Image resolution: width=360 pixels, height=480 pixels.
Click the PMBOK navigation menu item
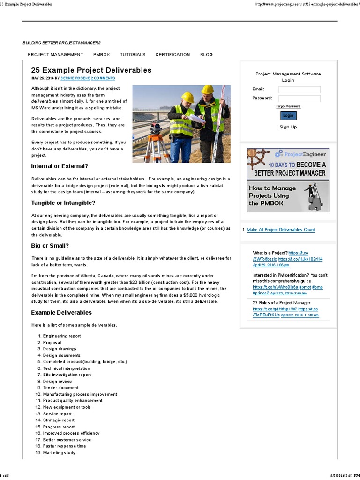(101, 55)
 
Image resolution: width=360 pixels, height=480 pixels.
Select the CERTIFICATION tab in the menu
(172, 55)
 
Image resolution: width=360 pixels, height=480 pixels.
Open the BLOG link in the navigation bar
(206, 55)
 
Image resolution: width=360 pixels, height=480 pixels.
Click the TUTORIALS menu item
(133, 55)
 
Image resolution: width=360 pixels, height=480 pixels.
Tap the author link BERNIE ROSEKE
(75, 78)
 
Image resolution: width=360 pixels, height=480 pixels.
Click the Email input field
(300, 90)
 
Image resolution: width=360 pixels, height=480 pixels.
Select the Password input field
(300, 98)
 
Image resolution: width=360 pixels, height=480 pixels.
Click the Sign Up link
(288, 127)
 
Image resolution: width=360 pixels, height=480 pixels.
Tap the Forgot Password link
(288, 106)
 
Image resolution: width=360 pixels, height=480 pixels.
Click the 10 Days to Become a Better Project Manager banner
(288, 164)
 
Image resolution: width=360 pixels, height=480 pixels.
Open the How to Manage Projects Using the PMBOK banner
(288, 196)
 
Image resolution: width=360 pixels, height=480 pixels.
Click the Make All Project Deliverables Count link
(281, 230)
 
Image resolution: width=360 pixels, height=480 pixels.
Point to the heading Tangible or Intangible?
(63, 203)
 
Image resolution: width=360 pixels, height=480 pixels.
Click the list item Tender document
(61, 388)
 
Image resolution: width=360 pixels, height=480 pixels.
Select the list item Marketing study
(59, 453)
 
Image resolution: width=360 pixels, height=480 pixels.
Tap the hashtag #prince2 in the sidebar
(261, 292)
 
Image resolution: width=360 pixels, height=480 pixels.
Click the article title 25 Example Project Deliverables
(91, 70)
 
